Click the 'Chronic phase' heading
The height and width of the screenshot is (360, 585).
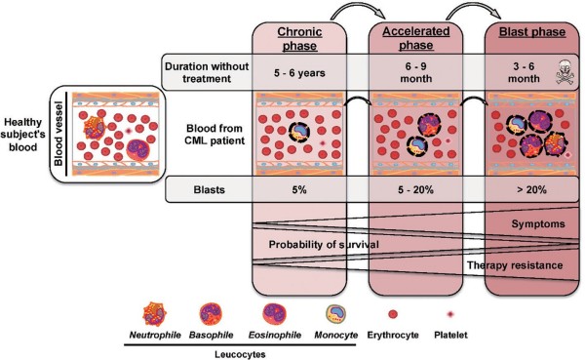point(299,38)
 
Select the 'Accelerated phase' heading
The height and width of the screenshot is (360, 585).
point(416,38)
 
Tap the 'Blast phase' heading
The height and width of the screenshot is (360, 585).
point(532,32)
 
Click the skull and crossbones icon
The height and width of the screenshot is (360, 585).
point(564,72)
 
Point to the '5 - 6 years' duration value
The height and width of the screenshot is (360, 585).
point(299,72)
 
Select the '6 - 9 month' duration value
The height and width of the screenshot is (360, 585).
point(416,72)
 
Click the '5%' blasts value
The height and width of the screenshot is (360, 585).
point(299,189)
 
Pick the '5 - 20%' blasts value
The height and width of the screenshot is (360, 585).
point(415,189)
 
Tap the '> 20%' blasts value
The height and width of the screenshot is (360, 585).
point(531,189)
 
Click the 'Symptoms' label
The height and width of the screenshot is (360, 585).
point(538,224)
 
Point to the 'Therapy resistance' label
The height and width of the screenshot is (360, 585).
point(515,265)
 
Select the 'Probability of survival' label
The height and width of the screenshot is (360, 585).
point(324,245)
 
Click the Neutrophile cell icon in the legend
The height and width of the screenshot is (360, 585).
point(154,314)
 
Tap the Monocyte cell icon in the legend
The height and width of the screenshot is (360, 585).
point(336,314)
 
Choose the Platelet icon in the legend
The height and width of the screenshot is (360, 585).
point(450,314)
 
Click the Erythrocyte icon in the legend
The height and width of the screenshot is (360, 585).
point(393,314)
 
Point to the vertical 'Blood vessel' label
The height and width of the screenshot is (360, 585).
point(58,134)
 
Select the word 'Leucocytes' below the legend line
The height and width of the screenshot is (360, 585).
point(240,354)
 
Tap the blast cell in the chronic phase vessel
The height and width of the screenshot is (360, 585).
point(299,132)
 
